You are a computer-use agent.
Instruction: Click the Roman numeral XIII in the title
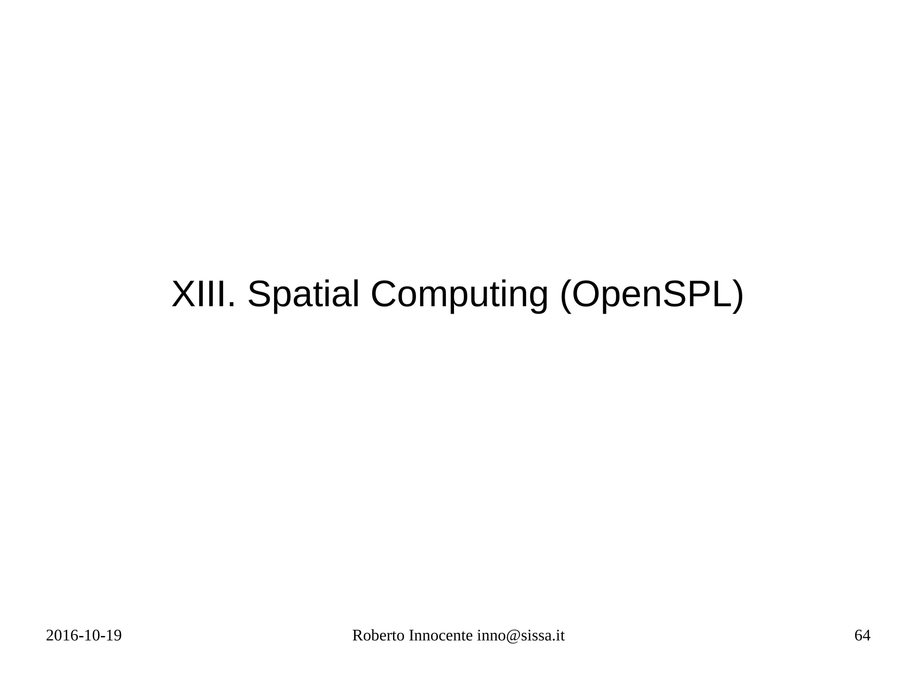[201, 294]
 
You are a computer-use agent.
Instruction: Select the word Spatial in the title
[303, 294]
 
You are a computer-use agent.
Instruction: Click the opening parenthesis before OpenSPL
[566, 295]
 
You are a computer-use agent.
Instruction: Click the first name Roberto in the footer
[378, 636]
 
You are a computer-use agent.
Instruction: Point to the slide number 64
[862, 636]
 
